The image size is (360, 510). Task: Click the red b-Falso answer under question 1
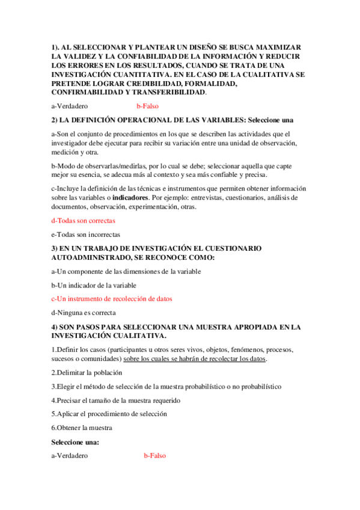tap(147, 106)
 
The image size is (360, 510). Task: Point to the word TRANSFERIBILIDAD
tap(170, 93)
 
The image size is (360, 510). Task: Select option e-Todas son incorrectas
tap(86, 234)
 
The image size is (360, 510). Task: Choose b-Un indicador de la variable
tap(94, 284)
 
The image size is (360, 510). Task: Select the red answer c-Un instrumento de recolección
tap(116, 298)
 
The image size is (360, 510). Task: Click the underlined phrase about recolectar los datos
tap(195, 358)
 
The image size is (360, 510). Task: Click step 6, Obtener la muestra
tap(82, 428)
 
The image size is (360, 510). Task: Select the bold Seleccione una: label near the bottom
tap(76, 442)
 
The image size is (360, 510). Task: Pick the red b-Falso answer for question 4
tap(154, 456)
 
